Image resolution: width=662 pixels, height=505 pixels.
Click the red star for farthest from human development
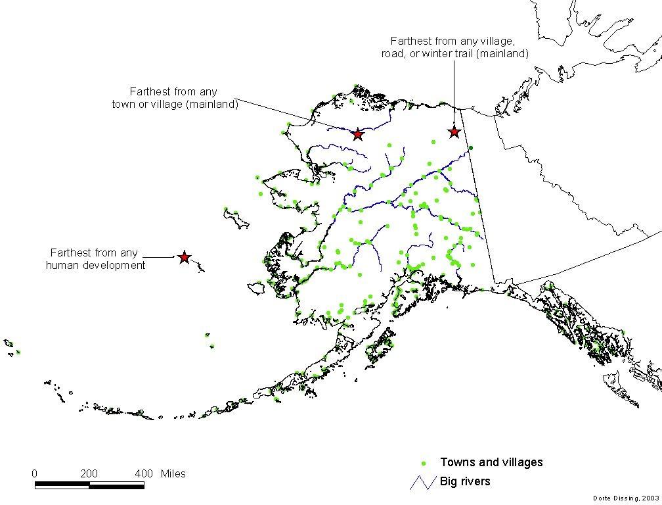(184, 258)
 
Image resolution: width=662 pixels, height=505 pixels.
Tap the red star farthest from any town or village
(357, 134)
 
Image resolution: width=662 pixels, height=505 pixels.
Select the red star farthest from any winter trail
(454, 132)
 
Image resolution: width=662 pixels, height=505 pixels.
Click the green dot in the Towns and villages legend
(424, 463)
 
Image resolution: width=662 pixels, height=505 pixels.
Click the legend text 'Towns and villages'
(491, 462)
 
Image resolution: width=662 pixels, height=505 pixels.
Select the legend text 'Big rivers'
(465, 481)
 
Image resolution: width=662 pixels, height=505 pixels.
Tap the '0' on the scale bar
(35, 473)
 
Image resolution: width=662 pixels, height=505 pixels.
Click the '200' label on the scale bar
(89, 473)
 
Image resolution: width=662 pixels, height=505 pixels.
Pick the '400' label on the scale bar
(144, 473)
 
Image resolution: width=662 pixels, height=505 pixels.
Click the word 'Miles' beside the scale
(173, 473)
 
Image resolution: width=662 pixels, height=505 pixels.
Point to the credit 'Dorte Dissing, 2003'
(625, 499)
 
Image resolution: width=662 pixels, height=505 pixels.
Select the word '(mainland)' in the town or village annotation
(213, 104)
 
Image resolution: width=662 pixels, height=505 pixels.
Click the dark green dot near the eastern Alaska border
(471, 148)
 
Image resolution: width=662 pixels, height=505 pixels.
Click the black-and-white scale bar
(89, 485)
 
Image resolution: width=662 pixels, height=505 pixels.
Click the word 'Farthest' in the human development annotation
(70, 252)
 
